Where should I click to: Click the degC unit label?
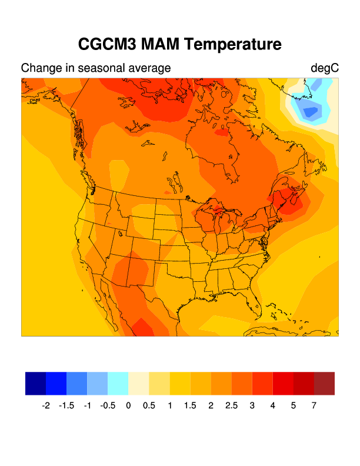[325, 68]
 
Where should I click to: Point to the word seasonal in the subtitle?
[104, 68]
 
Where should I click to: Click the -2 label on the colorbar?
[46, 405]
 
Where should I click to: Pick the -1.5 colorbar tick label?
[66, 405]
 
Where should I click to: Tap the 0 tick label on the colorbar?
[128, 405]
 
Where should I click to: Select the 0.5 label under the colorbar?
[149, 405]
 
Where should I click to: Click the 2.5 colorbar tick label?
[231, 405]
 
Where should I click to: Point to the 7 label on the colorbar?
[314, 405]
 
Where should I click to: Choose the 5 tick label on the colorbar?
[293, 405]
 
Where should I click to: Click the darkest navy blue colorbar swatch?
[35, 383]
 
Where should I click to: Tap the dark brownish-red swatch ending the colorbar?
[324, 383]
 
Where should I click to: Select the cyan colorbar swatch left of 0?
[118, 383]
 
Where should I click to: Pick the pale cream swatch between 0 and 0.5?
[138, 383]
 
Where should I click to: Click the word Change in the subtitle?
[39, 68]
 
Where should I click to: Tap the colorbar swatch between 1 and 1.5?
[179, 383]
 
